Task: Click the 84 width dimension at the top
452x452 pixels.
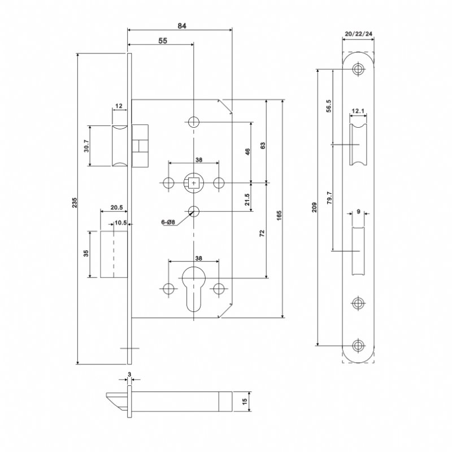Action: point(181,25)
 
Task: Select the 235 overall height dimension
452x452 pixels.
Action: point(75,207)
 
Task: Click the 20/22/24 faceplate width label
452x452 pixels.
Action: point(358,34)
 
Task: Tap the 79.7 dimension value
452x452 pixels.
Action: point(329,199)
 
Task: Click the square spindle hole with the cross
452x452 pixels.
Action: point(194,182)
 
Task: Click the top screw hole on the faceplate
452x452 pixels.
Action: point(357,69)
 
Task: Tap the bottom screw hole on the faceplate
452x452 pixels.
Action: point(357,345)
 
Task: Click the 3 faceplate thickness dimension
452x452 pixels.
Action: point(129,374)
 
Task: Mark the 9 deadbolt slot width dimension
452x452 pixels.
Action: point(358,212)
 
